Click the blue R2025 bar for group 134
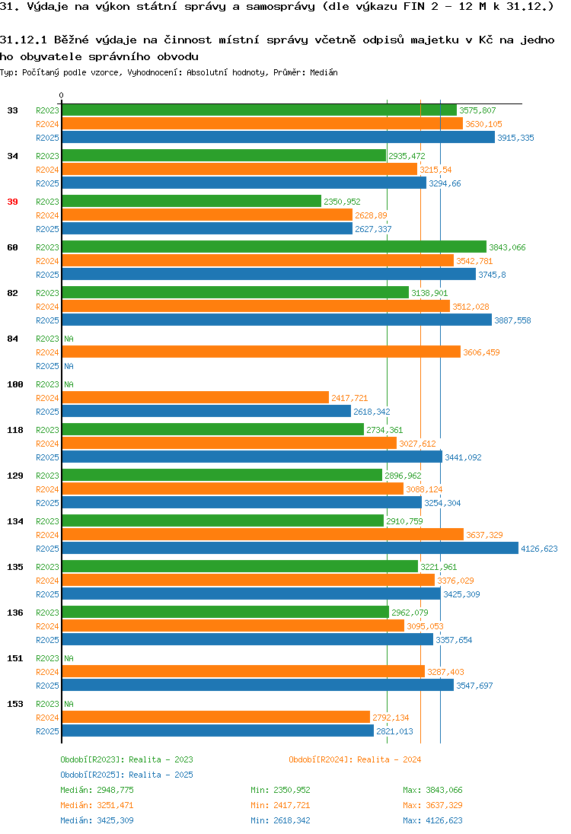290,549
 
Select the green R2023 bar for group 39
192,202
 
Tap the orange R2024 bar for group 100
196,398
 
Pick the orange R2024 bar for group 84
261,352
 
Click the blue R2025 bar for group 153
218,731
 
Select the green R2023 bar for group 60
274,247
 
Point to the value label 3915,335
515,138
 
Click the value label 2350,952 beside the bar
342,202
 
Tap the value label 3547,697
474,686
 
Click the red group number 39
13,202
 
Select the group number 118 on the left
15,430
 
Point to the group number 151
15,658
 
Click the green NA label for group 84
69,339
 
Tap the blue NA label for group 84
69,367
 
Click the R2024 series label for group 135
47,581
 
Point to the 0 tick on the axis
61,96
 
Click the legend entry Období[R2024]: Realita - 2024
355,759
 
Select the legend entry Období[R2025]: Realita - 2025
126,775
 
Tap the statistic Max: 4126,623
432,820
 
